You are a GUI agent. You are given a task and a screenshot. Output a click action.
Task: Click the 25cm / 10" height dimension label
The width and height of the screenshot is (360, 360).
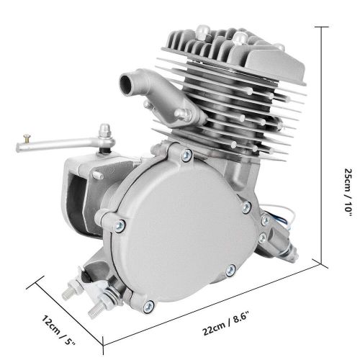pyautogui.click(x=348, y=192)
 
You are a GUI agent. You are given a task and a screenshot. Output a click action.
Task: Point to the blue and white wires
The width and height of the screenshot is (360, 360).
pyautogui.click(x=282, y=216)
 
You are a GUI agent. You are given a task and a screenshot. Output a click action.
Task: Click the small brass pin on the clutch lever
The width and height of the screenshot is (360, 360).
pyautogui.click(x=27, y=138)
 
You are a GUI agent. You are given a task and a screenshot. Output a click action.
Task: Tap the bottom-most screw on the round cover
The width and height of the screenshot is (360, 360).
pyautogui.click(x=149, y=307)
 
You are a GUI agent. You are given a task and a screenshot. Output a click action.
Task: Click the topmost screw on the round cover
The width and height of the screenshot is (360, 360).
pyautogui.click(x=186, y=155)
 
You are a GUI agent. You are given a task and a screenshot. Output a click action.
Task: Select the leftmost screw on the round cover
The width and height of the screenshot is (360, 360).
pyautogui.click(x=120, y=225)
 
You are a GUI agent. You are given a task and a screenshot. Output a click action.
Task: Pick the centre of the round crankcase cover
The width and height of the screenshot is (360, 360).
pyautogui.click(x=182, y=230)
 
